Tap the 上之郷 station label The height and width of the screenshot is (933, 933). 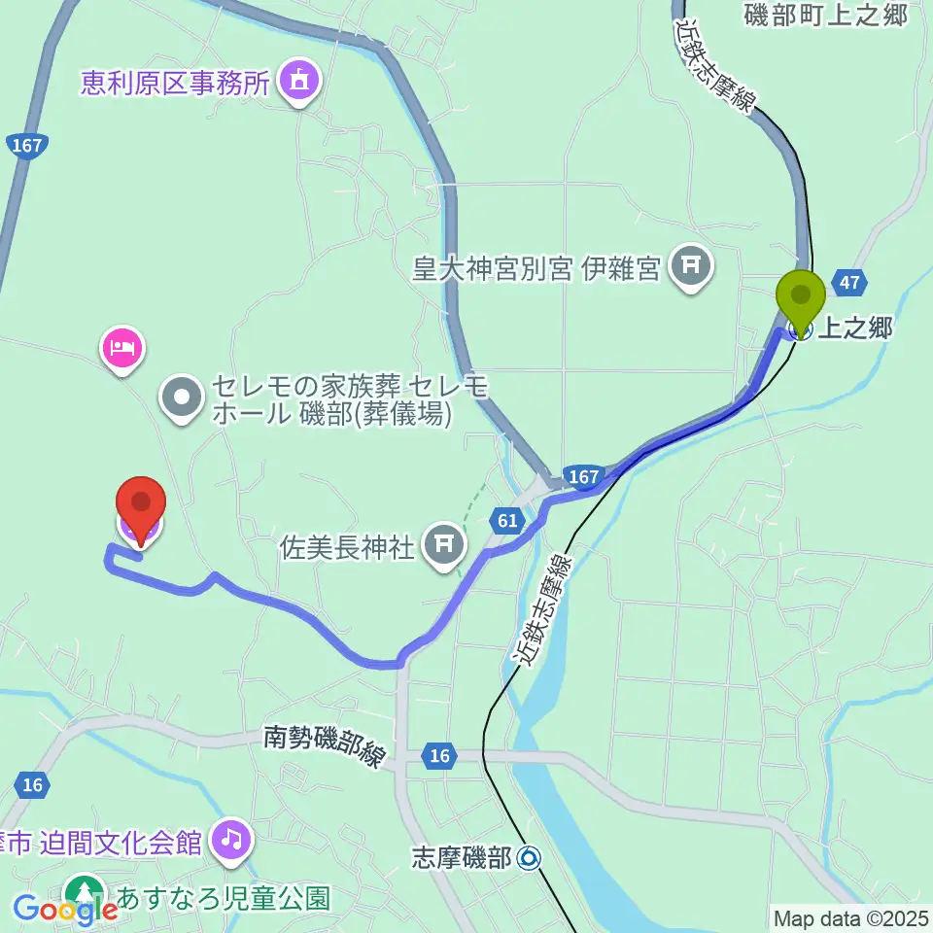click(x=853, y=329)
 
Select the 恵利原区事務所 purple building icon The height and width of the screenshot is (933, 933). click(x=296, y=81)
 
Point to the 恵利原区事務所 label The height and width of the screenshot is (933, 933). click(x=173, y=83)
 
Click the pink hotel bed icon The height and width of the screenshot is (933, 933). click(x=122, y=347)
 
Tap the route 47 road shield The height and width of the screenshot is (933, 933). click(x=850, y=283)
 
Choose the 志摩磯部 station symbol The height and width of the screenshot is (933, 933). click(x=529, y=858)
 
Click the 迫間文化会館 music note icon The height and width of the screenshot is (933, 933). click(x=231, y=839)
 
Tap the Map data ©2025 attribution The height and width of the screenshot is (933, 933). click(x=849, y=916)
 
